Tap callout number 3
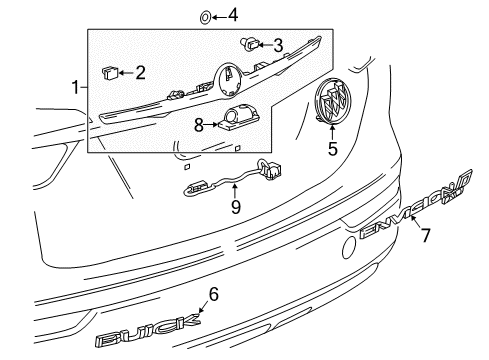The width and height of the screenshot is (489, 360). click(279, 44)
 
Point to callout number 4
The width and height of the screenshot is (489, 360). click(232, 15)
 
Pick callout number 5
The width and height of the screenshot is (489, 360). click(332, 151)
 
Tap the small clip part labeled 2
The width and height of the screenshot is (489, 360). click(110, 71)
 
